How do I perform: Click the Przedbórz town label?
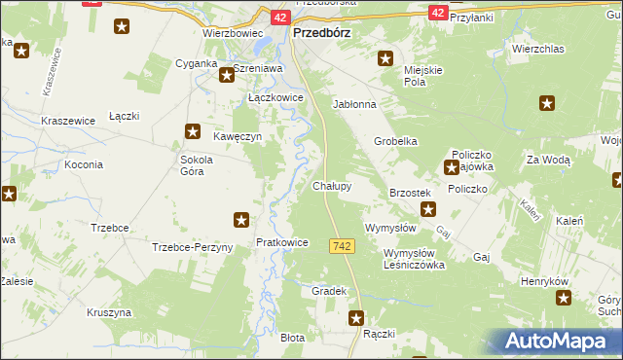pos(321,31)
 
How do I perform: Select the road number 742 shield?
pos(341,247)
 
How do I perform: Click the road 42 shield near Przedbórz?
pos(278,17)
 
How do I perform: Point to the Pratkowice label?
pos(281,242)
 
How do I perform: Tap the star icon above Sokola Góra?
pos(193,131)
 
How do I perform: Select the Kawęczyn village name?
pos(239,137)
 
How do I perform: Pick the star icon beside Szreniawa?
pos(225,73)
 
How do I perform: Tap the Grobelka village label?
pos(396,141)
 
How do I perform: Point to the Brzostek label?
pos(410,194)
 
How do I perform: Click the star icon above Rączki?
pos(357,317)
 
